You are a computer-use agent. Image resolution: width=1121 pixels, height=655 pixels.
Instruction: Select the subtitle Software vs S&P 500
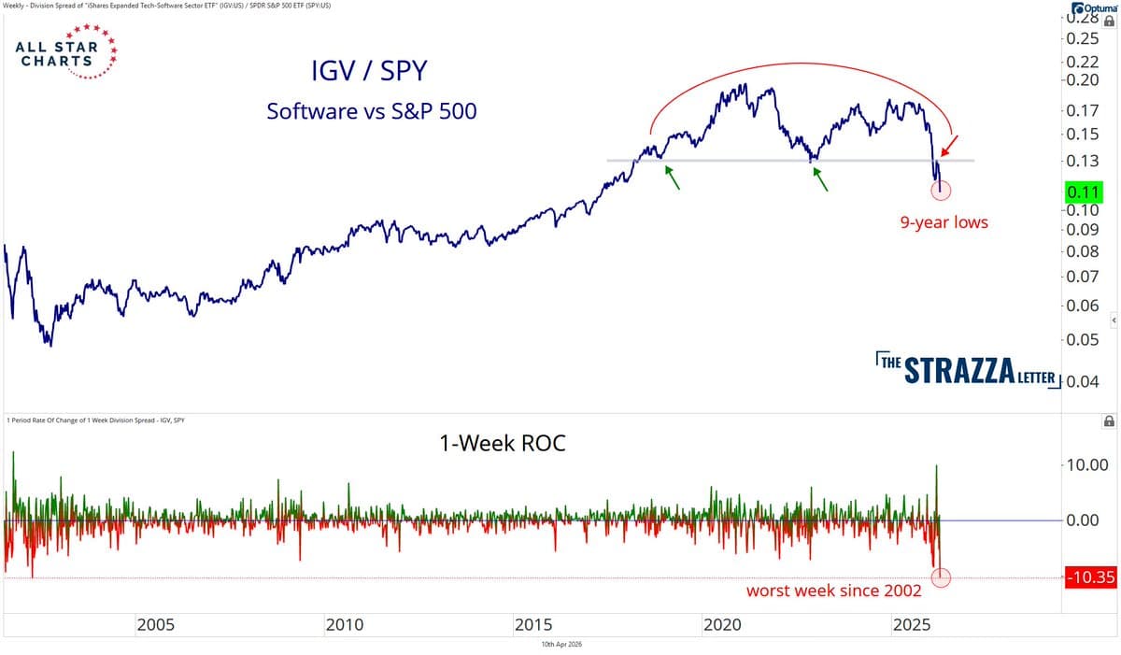[x=371, y=110]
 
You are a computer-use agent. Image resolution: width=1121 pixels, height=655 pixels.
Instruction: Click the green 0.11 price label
[x=1083, y=192]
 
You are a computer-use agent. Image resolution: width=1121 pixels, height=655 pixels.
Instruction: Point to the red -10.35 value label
[x=1089, y=577]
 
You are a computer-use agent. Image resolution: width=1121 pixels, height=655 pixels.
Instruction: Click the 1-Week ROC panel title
[x=502, y=444]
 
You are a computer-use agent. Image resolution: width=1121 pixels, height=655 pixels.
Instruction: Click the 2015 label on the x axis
[x=532, y=624]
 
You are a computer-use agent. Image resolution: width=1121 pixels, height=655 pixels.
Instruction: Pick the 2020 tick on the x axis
[x=721, y=624]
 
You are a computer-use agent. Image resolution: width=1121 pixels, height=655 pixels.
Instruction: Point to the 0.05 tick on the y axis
[x=1083, y=339]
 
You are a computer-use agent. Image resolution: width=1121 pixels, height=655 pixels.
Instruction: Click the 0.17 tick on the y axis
[x=1083, y=111]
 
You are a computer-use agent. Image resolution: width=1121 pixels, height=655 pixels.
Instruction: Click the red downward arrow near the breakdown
[x=948, y=146]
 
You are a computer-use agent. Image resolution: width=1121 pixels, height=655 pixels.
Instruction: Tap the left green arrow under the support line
[x=672, y=175]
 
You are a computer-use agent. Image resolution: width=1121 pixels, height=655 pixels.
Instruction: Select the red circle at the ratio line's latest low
[x=941, y=191]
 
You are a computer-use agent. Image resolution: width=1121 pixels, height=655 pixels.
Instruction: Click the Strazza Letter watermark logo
[x=968, y=370]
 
